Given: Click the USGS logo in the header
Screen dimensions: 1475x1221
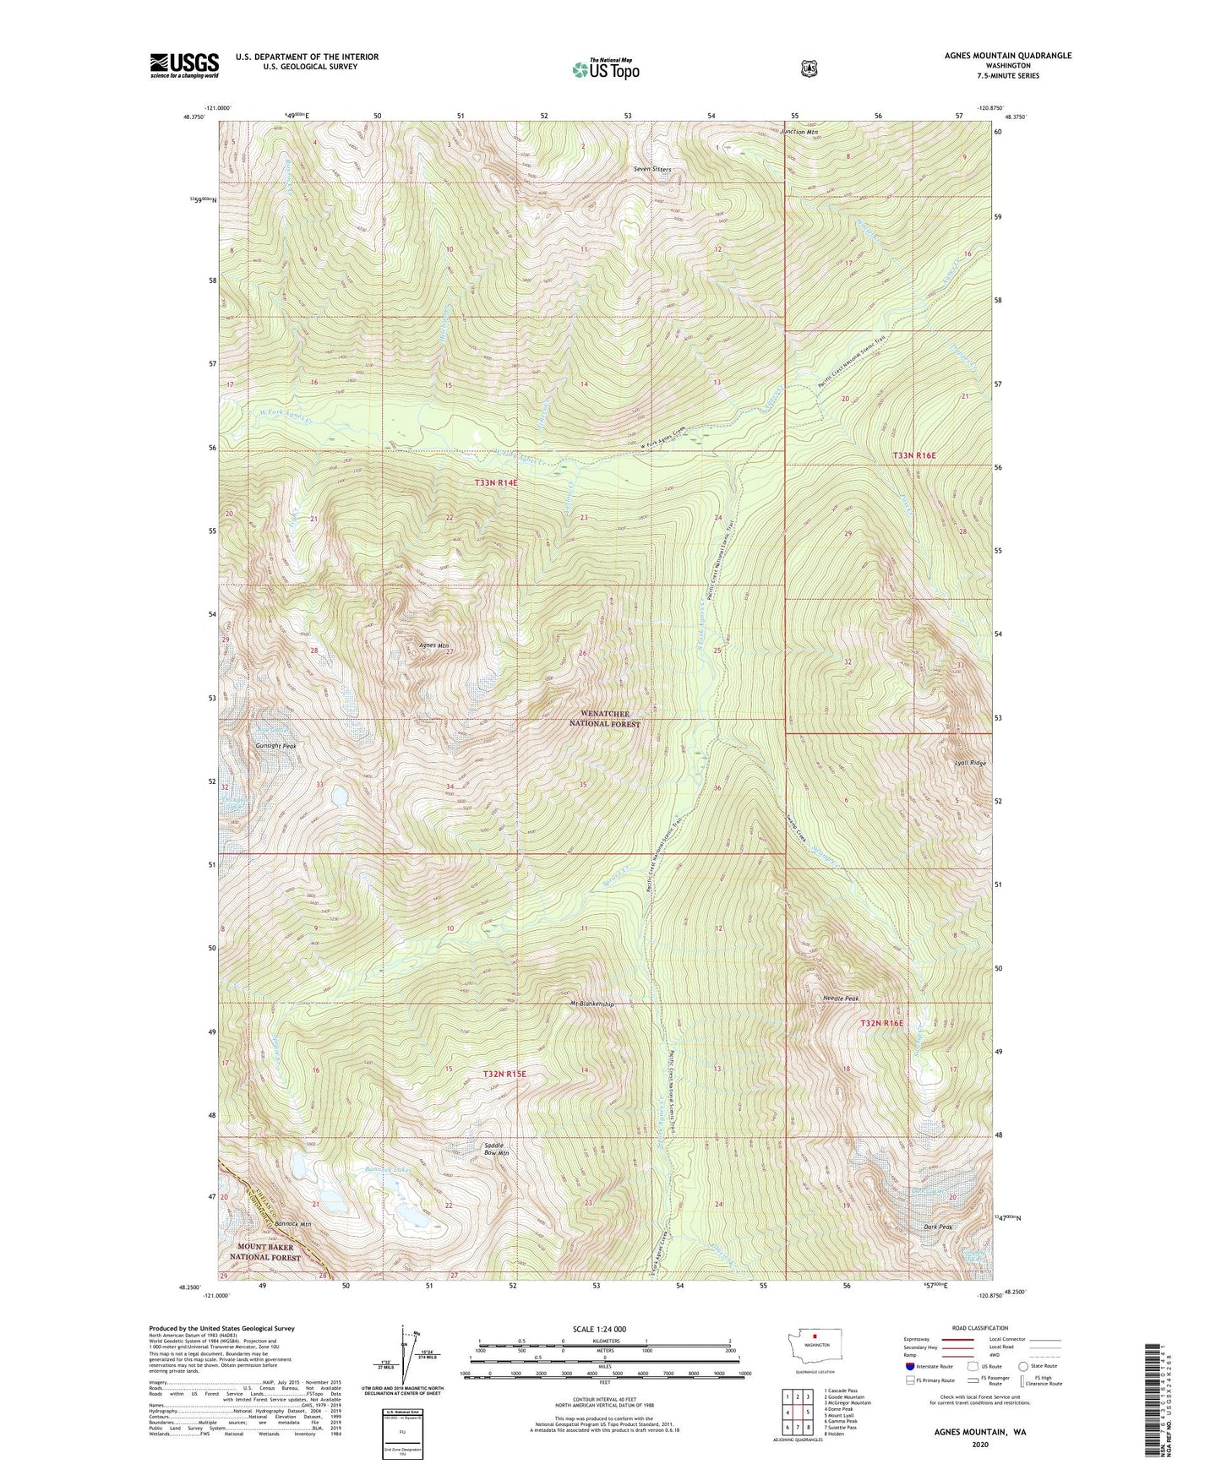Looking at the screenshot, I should (x=184, y=65).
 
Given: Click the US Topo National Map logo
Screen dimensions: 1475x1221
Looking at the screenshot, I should (x=605, y=69).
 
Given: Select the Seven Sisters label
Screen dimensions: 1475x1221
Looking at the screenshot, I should (x=652, y=169).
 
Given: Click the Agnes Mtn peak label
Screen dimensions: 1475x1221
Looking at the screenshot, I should (x=433, y=645).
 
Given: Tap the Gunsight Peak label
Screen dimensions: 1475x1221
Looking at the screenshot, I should (x=275, y=747).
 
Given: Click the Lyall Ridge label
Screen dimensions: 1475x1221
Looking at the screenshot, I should (x=970, y=763).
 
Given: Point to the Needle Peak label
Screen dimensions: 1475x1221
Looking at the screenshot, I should (x=840, y=999).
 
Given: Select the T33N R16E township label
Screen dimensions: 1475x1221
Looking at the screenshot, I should (x=914, y=455).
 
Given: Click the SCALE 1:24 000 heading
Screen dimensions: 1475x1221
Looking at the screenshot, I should (x=599, y=1329).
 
